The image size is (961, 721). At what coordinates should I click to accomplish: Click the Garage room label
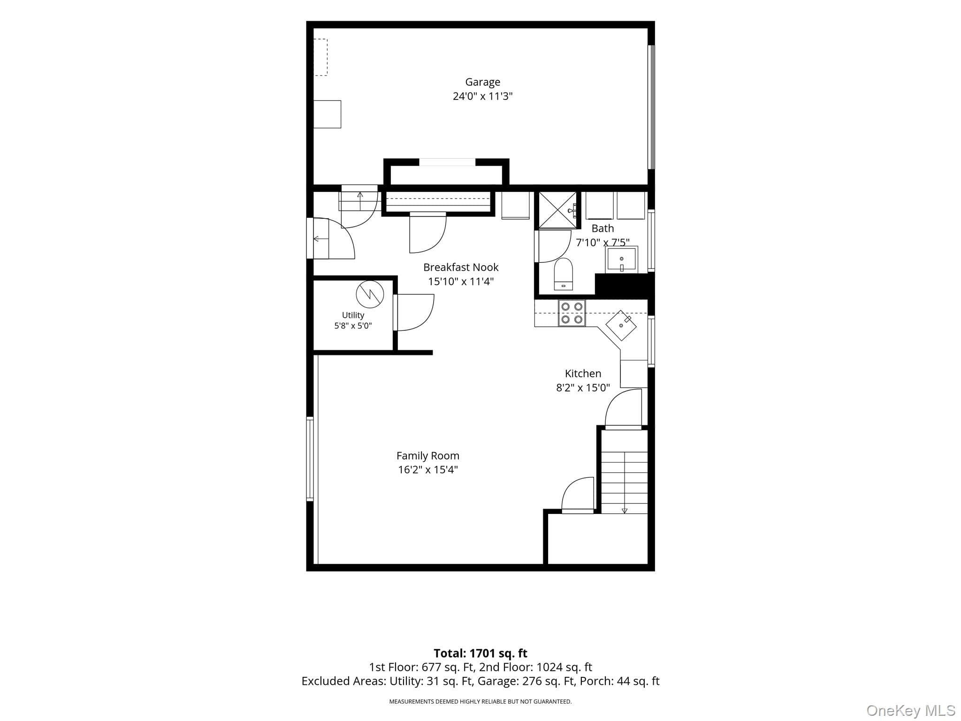[482, 82]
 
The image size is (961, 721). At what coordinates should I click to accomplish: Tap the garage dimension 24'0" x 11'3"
[482, 96]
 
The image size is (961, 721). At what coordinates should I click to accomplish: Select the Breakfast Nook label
[461, 267]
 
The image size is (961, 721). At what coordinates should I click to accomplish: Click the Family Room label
[428, 455]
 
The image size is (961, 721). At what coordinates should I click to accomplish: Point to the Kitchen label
[583, 374]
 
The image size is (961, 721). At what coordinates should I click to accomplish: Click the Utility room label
[353, 315]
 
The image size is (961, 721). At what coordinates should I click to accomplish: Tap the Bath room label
[603, 229]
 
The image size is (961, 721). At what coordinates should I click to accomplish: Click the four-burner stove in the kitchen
[572, 313]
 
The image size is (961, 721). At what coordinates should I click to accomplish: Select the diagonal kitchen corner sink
[621, 325]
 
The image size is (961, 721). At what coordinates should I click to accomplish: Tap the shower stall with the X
[557, 210]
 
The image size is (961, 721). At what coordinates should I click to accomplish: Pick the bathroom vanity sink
[621, 260]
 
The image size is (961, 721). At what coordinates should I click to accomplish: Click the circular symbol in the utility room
[370, 294]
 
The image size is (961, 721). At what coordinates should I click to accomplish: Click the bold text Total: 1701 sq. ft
[480, 653]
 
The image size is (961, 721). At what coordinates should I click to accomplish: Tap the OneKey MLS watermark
[911, 711]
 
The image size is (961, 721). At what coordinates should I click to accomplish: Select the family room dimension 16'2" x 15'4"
[428, 469]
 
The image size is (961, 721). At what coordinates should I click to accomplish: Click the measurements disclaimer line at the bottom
[480, 701]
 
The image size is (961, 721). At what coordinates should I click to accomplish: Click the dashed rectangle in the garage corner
[320, 57]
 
